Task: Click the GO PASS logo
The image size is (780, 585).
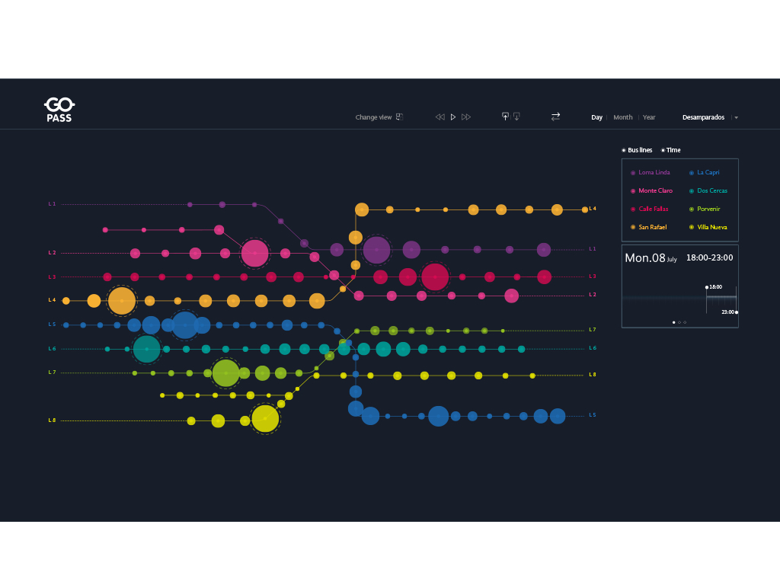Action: (x=59, y=109)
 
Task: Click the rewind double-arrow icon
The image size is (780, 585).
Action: (x=440, y=117)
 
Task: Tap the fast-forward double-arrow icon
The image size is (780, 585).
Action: (x=466, y=117)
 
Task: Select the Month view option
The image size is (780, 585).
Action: (x=622, y=117)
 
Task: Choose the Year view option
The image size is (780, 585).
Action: (x=649, y=117)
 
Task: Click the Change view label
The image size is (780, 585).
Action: (x=373, y=117)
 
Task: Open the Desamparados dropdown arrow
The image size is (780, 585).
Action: (x=737, y=118)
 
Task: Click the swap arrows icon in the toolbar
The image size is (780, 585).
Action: (x=555, y=117)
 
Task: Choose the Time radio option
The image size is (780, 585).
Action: (x=670, y=150)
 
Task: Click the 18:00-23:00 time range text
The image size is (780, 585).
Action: (x=709, y=257)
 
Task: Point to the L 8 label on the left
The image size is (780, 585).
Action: (x=52, y=420)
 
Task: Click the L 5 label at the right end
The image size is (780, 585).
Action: (x=592, y=415)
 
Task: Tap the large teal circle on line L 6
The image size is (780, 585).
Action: (x=146, y=349)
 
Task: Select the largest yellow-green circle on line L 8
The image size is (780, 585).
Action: (x=265, y=419)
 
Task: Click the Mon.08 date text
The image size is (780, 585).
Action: (x=645, y=258)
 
